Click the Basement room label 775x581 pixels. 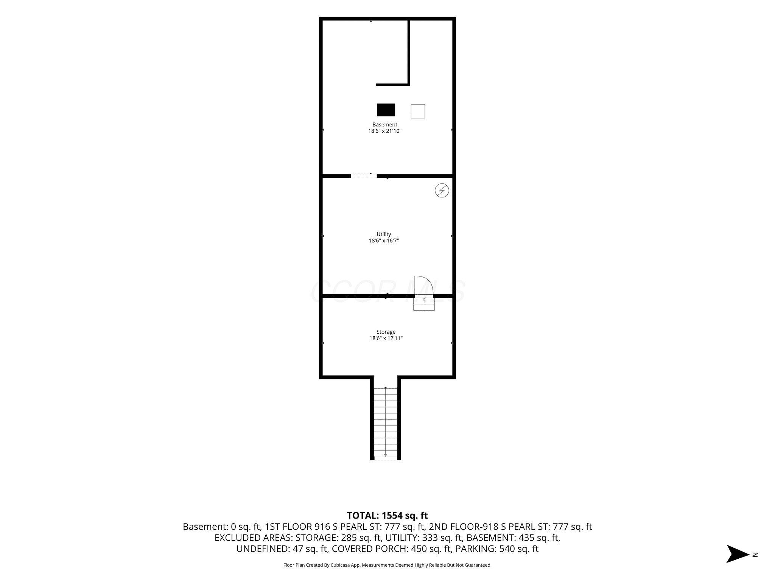(384, 124)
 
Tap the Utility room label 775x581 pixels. (384, 234)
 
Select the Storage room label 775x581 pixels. (386, 332)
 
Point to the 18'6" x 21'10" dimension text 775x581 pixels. (384, 131)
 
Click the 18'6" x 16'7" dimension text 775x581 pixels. (384, 241)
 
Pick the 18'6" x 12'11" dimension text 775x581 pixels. (386, 338)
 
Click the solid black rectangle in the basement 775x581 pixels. (386, 110)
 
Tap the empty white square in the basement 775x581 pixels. (418, 111)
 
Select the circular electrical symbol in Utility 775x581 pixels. (442, 190)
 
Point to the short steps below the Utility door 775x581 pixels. (424, 304)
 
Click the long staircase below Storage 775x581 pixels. (386, 424)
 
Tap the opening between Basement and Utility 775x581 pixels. (364, 176)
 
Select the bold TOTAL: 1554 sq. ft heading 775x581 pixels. (387, 515)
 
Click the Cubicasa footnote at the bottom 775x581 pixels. (387, 565)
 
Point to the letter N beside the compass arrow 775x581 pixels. (755, 555)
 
